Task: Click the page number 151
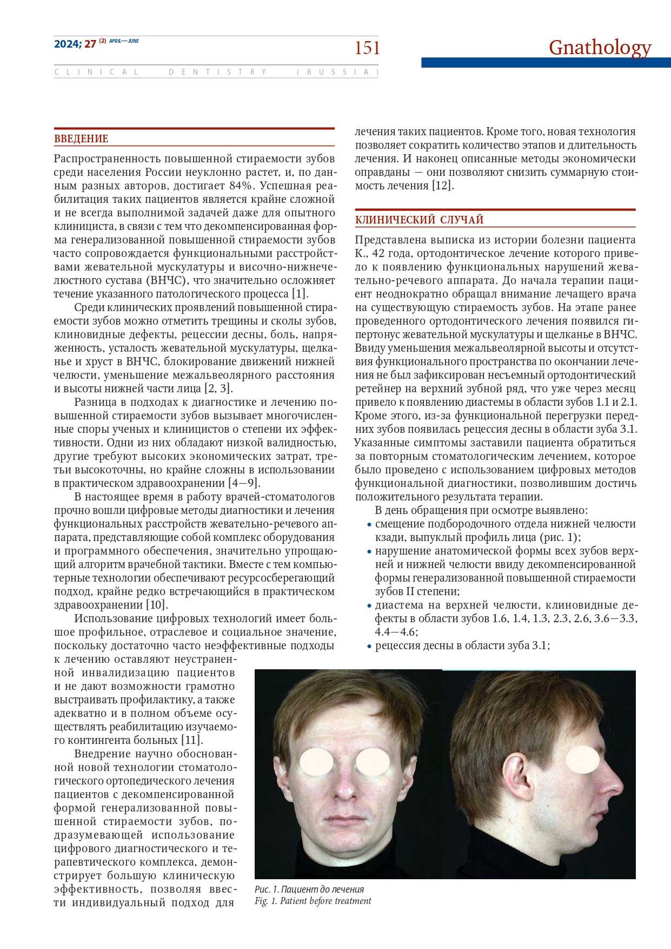[x=367, y=48]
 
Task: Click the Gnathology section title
[x=600, y=48]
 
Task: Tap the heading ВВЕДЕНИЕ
[x=81, y=139]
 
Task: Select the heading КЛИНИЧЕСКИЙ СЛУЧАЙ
[x=419, y=220]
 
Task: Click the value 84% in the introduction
[x=240, y=186]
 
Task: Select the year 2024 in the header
[x=67, y=44]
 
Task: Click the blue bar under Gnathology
[x=546, y=63]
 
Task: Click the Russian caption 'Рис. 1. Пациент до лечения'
[x=309, y=889]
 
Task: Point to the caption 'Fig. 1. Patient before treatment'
[x=313, y=901]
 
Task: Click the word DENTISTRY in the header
[x=217, y=72]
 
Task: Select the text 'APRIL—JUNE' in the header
[x=124, y=41]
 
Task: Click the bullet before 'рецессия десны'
[x=369, y=646]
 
